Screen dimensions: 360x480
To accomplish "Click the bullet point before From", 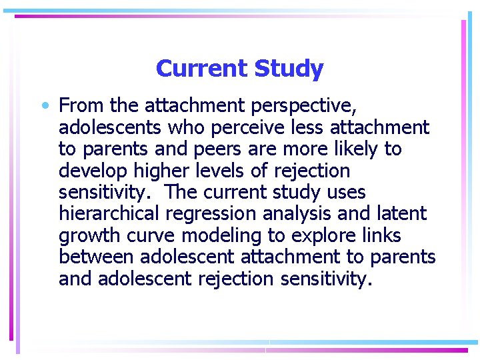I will pos(44,105).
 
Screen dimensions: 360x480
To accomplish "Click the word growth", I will pos(92,236).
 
